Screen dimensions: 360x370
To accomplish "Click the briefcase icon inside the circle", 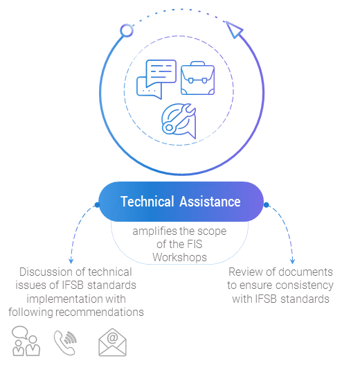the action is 197,78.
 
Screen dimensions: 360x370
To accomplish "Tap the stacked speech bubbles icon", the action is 156,79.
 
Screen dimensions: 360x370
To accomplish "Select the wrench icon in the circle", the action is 179,121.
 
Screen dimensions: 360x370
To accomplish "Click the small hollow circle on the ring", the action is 127,30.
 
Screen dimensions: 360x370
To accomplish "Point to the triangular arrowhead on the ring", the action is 234,29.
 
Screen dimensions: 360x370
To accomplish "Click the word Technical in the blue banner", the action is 147,202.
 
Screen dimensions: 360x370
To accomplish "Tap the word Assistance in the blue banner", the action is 210,202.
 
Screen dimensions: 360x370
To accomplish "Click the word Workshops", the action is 179,258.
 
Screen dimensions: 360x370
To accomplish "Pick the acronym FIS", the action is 195,244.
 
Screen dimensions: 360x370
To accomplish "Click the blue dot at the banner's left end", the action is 97,205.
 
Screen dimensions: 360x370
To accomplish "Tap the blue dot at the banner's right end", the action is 266,205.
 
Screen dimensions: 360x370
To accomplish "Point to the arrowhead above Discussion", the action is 71,261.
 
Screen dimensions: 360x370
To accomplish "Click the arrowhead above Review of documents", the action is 292,261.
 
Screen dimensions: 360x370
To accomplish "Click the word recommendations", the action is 100,312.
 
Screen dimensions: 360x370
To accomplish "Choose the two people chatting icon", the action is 26,341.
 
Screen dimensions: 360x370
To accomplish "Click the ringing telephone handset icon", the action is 65,342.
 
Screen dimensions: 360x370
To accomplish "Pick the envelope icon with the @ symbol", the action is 112,342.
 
